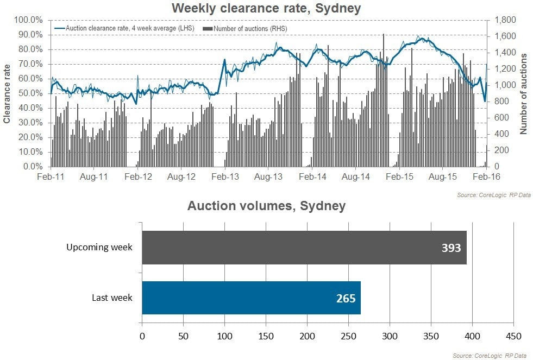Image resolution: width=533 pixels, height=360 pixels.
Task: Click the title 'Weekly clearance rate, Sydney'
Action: pos(266,8)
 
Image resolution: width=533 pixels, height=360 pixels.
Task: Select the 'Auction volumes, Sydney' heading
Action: pos(266,206)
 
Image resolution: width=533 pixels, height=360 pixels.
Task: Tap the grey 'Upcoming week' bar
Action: pos(304,248)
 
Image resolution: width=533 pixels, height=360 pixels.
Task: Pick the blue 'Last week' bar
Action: pos(251,298)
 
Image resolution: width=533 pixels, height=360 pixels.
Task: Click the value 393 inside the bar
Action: pos(451,248)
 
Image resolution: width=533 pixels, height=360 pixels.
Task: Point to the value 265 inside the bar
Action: pos(346,298)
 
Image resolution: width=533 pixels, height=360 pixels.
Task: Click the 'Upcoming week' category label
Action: pos(99,248)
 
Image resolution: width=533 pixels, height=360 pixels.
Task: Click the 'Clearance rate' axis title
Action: pos(7,93)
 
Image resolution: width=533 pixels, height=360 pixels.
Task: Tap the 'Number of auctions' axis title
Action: pos(524,93)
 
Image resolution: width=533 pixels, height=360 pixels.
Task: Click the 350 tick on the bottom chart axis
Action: pos(431,337)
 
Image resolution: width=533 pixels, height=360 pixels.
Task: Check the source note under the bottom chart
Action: pos(489,356)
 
